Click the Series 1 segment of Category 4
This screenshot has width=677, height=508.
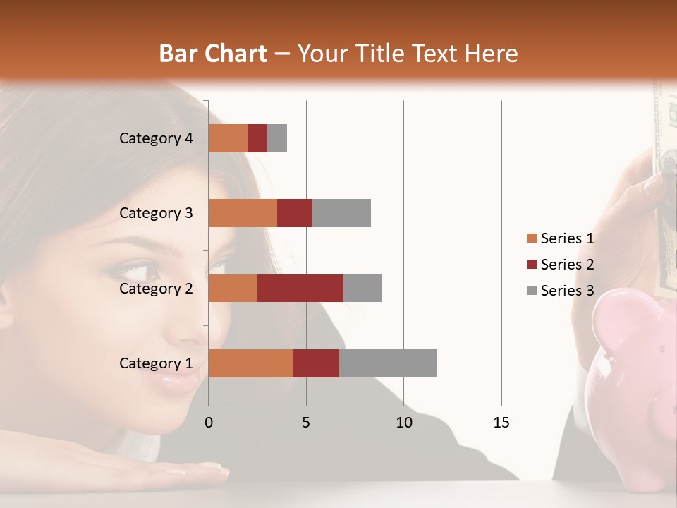click(228, 138)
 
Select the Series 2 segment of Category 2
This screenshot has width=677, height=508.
click(300, 288)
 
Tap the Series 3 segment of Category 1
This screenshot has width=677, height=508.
click(388, 363)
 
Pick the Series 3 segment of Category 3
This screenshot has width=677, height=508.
click(341, 213)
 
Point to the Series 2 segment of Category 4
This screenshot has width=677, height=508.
click(257, 138)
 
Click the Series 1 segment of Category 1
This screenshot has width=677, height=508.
click(250, 363)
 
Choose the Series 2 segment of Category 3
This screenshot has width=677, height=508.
click(295, 213)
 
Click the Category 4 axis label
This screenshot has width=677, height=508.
click(156, 138)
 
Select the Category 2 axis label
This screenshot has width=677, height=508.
click(156, 288)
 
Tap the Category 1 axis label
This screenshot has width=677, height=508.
click(156, 363)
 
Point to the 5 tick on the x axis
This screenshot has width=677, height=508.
click(306, 423)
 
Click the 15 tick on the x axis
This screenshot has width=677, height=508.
click(501, 423)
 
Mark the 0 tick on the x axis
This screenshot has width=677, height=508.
click(209, 423)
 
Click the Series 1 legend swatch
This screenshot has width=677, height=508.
click(531, 238)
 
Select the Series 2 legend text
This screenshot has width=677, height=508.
click(567, 265)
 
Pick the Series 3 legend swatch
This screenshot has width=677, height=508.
click(531, 291)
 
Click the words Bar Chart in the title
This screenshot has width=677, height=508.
click(213, 53)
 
